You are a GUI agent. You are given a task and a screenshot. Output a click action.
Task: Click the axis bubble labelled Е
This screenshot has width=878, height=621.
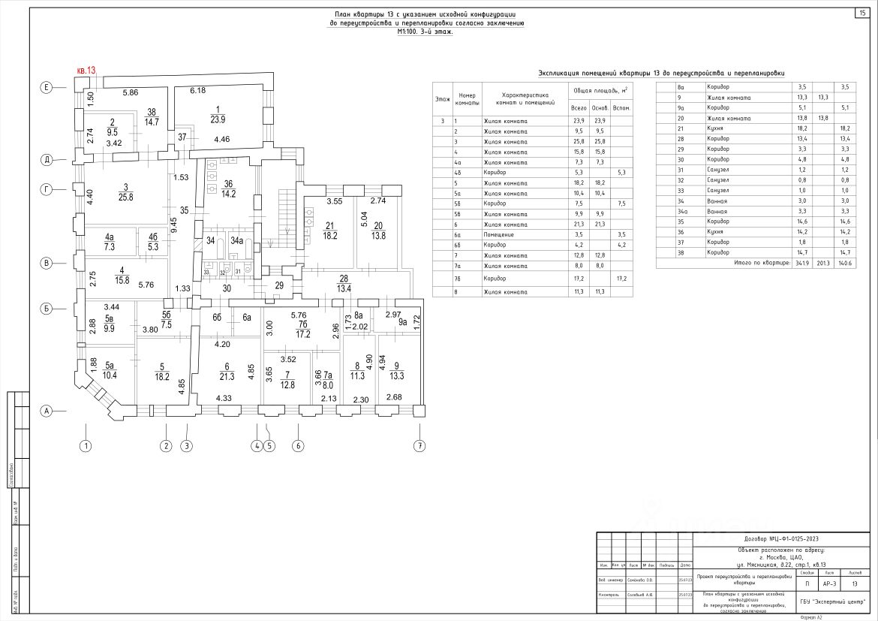[x=46, y=88]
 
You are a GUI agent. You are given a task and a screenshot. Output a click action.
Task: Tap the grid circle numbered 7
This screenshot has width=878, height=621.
[x=419, y=446]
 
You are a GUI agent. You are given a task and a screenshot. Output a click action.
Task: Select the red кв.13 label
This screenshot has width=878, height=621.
[x=86, y=71]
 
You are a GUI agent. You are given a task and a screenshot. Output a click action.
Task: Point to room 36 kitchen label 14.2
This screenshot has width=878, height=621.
[x=229, y=188]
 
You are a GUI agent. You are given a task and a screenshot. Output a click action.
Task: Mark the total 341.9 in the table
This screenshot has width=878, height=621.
[x=801, y=264]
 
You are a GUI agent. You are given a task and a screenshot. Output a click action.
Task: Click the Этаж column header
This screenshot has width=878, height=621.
[x=442, y=100]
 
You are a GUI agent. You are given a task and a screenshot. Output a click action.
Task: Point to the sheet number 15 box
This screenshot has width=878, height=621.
[x=861, y=12]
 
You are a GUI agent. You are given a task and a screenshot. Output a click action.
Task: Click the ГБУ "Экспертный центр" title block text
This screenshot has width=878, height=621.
[x=832, y=602]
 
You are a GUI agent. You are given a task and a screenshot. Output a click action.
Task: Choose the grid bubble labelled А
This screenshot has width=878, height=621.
[x=46, y=411]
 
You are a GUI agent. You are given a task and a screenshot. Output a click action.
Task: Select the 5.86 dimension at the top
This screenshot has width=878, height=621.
[x=131, y=92]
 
